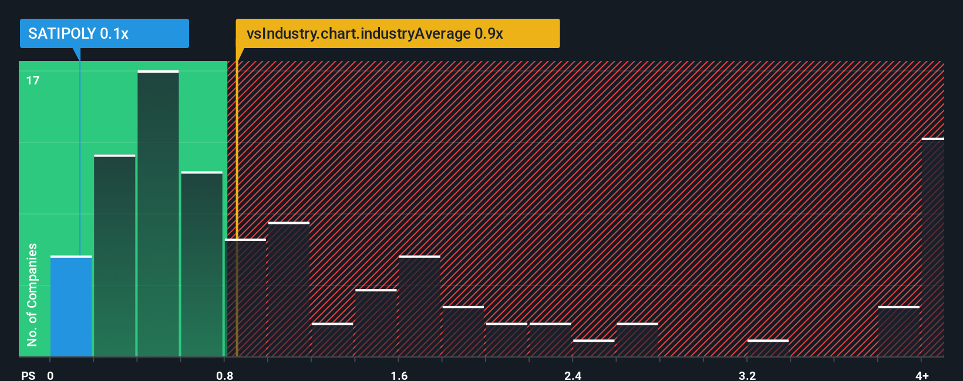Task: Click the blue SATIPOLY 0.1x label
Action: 104,33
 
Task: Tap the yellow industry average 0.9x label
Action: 398,33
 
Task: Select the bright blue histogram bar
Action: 71,306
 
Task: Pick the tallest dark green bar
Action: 158,214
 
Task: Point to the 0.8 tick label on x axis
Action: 225,375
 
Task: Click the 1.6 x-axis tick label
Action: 399,375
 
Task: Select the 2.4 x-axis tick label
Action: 573,375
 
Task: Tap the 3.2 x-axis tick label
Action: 747,375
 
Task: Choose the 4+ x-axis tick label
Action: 922,375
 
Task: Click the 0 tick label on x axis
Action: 50,375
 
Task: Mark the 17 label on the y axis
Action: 33,80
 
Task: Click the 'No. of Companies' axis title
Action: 32,294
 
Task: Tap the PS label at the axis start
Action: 28,375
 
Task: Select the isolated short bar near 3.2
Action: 768,348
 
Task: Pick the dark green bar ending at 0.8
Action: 201,264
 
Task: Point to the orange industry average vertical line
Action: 237,205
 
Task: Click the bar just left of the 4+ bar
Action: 898,331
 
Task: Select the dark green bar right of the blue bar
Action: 115,256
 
